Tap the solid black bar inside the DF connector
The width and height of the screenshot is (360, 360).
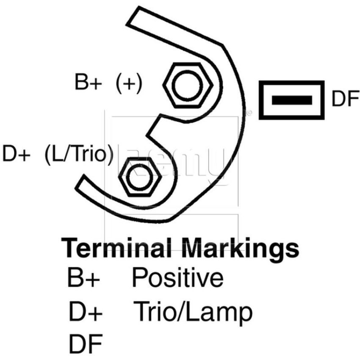click(x=292, y=100)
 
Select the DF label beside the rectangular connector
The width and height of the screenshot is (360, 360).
click(x=345, y=98)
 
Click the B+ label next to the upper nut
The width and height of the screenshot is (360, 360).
click(x=88, y=82)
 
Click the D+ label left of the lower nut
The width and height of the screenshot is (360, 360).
click(x=16, y=153)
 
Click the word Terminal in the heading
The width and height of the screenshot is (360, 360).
click(x=116, y=248)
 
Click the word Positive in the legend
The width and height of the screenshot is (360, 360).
click(x=177, y=277)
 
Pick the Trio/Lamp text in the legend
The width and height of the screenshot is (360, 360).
click(x=193, y=313)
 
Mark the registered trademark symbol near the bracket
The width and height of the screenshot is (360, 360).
click(x=249, y=113)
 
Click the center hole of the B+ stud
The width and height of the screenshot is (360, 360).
click(x=188, y=85)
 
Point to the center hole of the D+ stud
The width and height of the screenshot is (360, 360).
click(x=139, y=177)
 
